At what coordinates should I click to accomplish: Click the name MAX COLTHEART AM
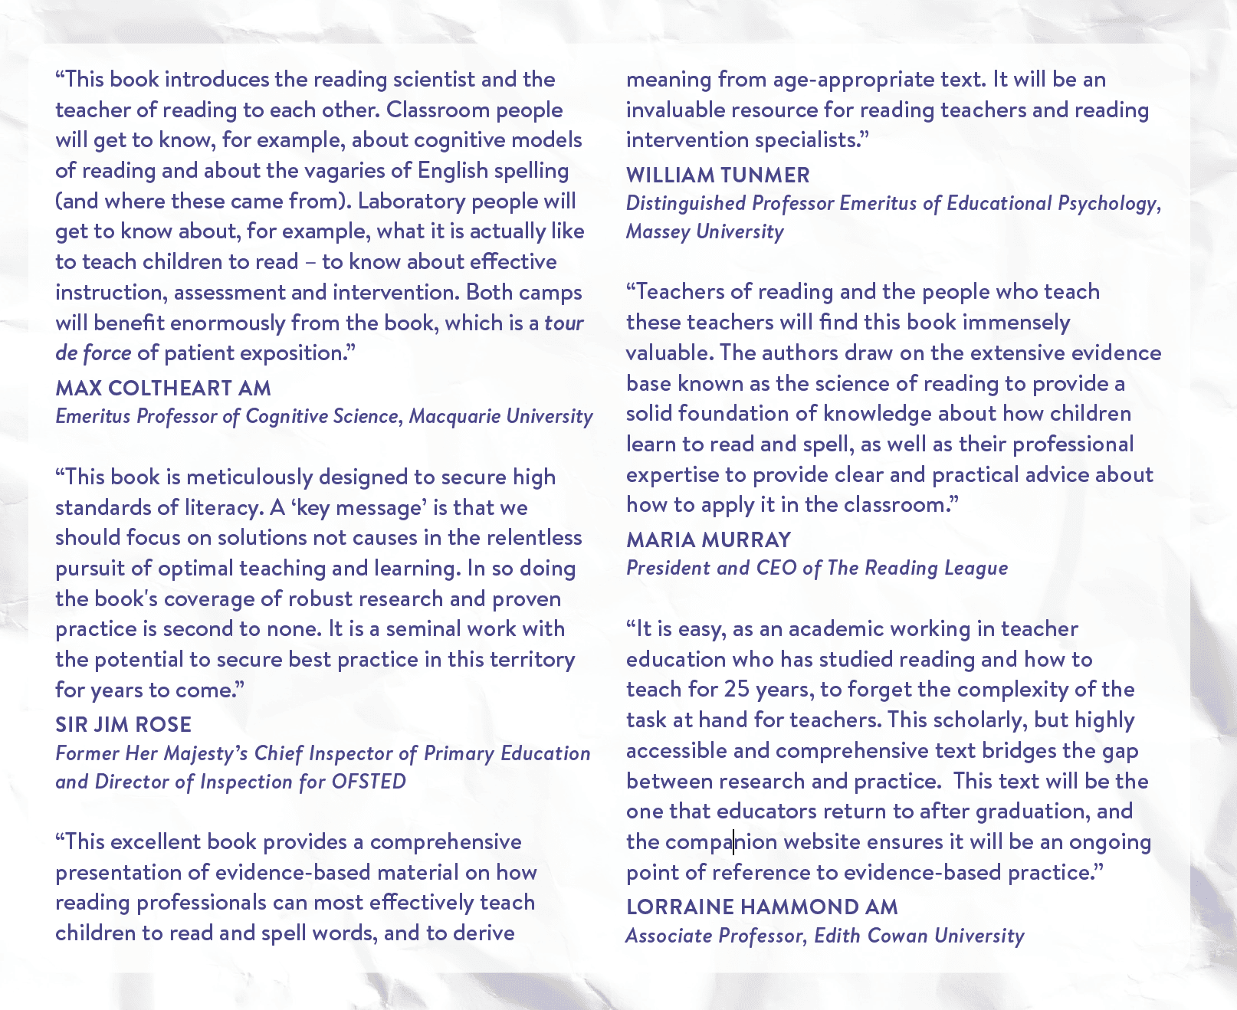[x=163, y=388]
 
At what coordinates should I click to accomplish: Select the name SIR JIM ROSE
[x=123, y=724]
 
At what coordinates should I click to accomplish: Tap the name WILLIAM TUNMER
[x=717, y=175]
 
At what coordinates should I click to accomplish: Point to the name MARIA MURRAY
[x=708, y=539]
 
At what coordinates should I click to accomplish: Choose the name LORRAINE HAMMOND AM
[x=762, y=907]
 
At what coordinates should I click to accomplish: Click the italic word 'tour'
[x=564, y=323]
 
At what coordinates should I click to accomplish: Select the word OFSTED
[x=369, y=782]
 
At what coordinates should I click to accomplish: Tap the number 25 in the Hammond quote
[x=736, y=689]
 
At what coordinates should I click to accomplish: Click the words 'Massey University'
[x=704, y=231]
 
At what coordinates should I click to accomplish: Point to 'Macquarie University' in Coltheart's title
[x=500, y=416]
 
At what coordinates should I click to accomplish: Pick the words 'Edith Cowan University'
[x=919, y=936]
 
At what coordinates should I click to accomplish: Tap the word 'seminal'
[x=424, y=628]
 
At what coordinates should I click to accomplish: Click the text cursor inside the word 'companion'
[x=733, y=841]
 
